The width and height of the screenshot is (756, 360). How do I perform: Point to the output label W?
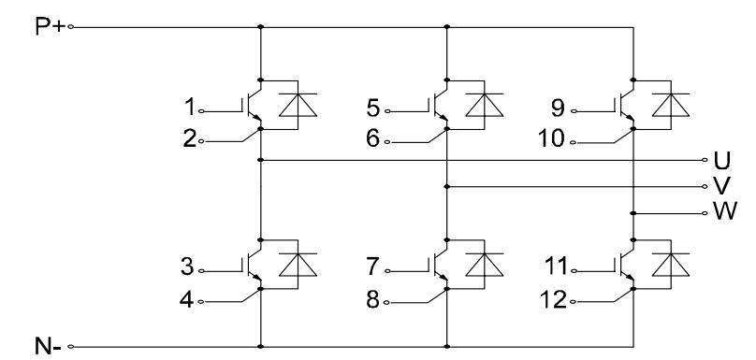(x=722, y=213)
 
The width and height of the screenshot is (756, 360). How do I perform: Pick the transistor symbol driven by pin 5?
(x=441, y=106)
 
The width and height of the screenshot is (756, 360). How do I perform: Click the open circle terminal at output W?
(x=705, y=214)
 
